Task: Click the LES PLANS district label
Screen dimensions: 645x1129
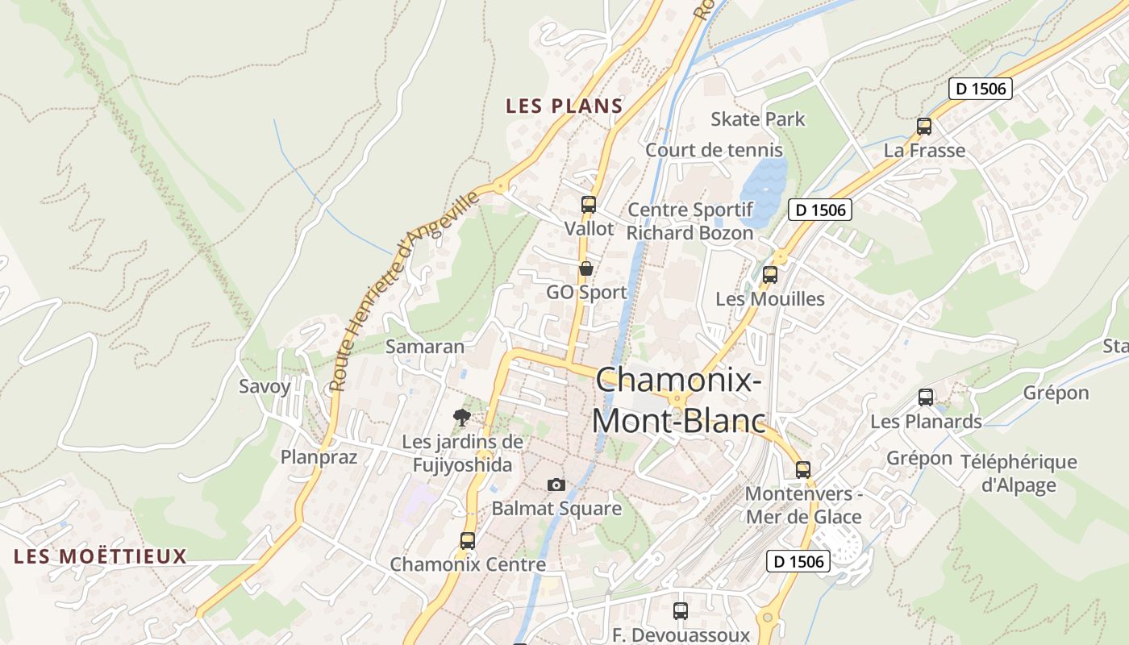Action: pos(564,106)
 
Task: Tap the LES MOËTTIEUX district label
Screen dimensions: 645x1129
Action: pos(101,556)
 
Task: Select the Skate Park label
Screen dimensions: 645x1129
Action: pos(757,119)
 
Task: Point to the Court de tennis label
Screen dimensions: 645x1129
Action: pos(714,150)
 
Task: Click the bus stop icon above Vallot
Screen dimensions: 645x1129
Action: pos(589,205)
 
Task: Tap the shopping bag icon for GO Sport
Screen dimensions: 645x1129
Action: pos(586,268)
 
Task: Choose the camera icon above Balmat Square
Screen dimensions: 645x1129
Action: pos(556,485)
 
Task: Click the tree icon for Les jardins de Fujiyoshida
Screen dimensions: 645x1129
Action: pos(461,417)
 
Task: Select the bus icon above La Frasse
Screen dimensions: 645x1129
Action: pos(924,127)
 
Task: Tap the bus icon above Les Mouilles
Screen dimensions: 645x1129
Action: pos(770,275)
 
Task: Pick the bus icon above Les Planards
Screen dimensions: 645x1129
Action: pos(926,397)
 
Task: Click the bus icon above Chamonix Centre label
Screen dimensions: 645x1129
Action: pos(468,541)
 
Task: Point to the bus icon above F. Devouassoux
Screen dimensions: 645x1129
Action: pos(681,611)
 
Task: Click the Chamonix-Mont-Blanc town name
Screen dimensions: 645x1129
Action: pos(678,400)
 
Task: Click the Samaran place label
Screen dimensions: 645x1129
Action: pos(425,347)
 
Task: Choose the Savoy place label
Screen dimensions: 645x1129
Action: pos(265,386)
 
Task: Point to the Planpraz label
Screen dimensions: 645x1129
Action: pos(319,457)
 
